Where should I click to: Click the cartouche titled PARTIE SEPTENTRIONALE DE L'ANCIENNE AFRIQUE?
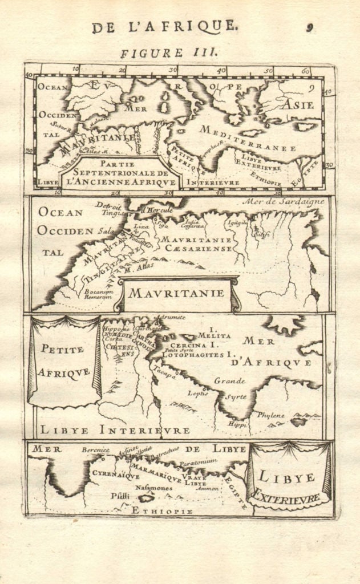(x=120, y=174)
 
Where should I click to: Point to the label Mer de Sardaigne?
(x=283, y=201)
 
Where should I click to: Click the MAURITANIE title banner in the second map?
(x=177, y=294)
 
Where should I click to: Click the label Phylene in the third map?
(x=270, y=415)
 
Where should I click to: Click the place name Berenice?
(x=95, y=449)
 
